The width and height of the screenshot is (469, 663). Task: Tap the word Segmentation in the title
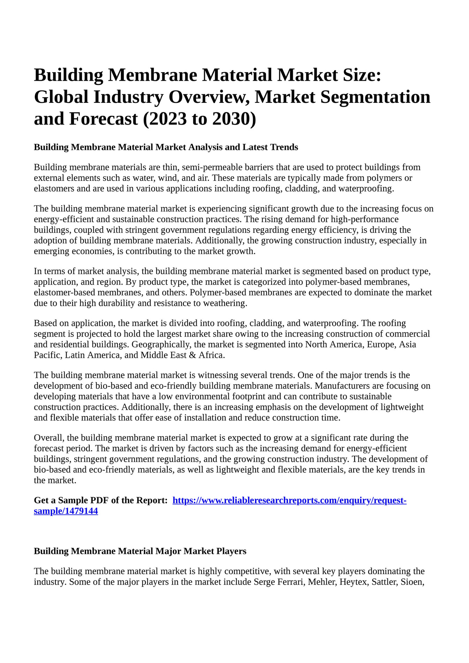coord(375,97)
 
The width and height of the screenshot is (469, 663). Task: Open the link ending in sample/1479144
coord(66,511)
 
